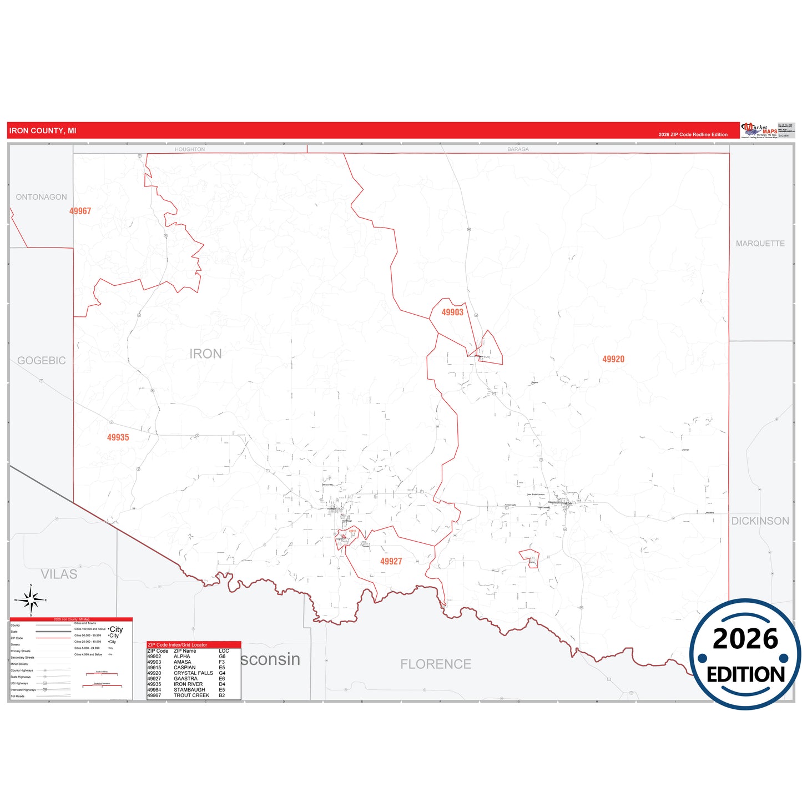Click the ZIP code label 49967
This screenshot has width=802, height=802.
point(80,211)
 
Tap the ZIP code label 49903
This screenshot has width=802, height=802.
point(452,312)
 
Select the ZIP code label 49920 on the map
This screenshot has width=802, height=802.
point(613,359)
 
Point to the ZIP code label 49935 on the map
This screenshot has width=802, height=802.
point(118,437)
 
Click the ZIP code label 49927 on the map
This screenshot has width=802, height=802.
point(391,562)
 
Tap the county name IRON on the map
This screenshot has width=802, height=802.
point(205,354)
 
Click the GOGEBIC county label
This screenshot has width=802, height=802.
point(41,361)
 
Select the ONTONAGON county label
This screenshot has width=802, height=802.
point(41,197)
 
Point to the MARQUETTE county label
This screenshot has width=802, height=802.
point(760,244)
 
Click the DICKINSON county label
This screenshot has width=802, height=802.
point(760,521)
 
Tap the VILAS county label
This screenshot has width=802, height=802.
point(59,574)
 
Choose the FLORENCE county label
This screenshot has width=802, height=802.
point(436,664)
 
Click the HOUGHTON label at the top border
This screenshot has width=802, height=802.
point(190,149)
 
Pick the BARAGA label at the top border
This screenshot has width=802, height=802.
point(518,149)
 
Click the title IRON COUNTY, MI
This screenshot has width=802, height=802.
point(43,131)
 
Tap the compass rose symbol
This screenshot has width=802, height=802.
point(31,600)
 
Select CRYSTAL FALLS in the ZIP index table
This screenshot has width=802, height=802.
point(193,673)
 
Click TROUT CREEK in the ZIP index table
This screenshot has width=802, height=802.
point(191,695)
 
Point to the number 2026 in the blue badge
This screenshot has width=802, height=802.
point(745,639)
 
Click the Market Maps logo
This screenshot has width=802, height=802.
point(759,130)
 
